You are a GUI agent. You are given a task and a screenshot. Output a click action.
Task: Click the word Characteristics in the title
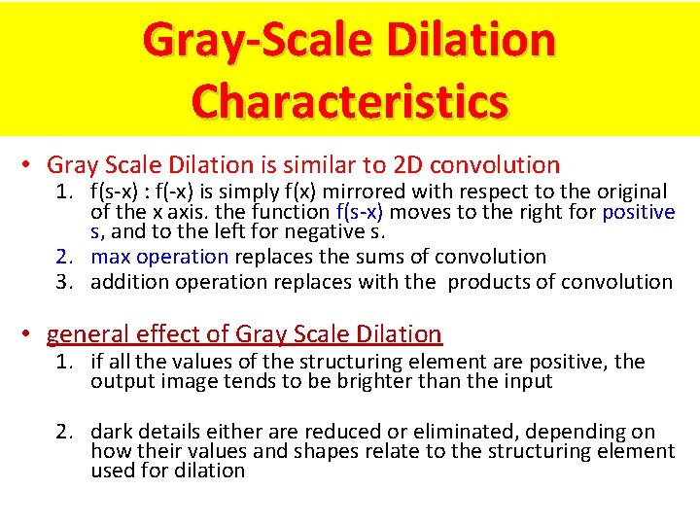(x=350, y=100)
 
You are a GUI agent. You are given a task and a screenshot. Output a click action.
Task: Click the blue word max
(x=111, y=257)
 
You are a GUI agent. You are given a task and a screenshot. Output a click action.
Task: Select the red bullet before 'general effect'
(x=32, y=334)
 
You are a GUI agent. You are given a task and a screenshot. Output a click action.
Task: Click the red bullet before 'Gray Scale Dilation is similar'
(x=32, y=165)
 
